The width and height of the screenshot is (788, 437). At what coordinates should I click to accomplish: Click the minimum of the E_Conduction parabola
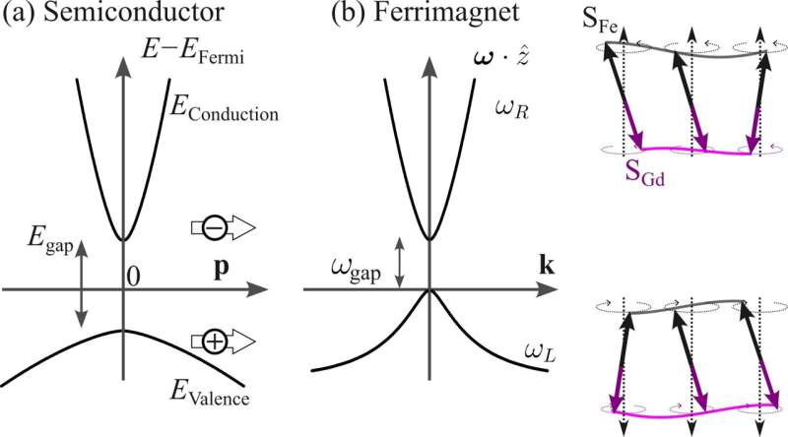pos(124,239)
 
